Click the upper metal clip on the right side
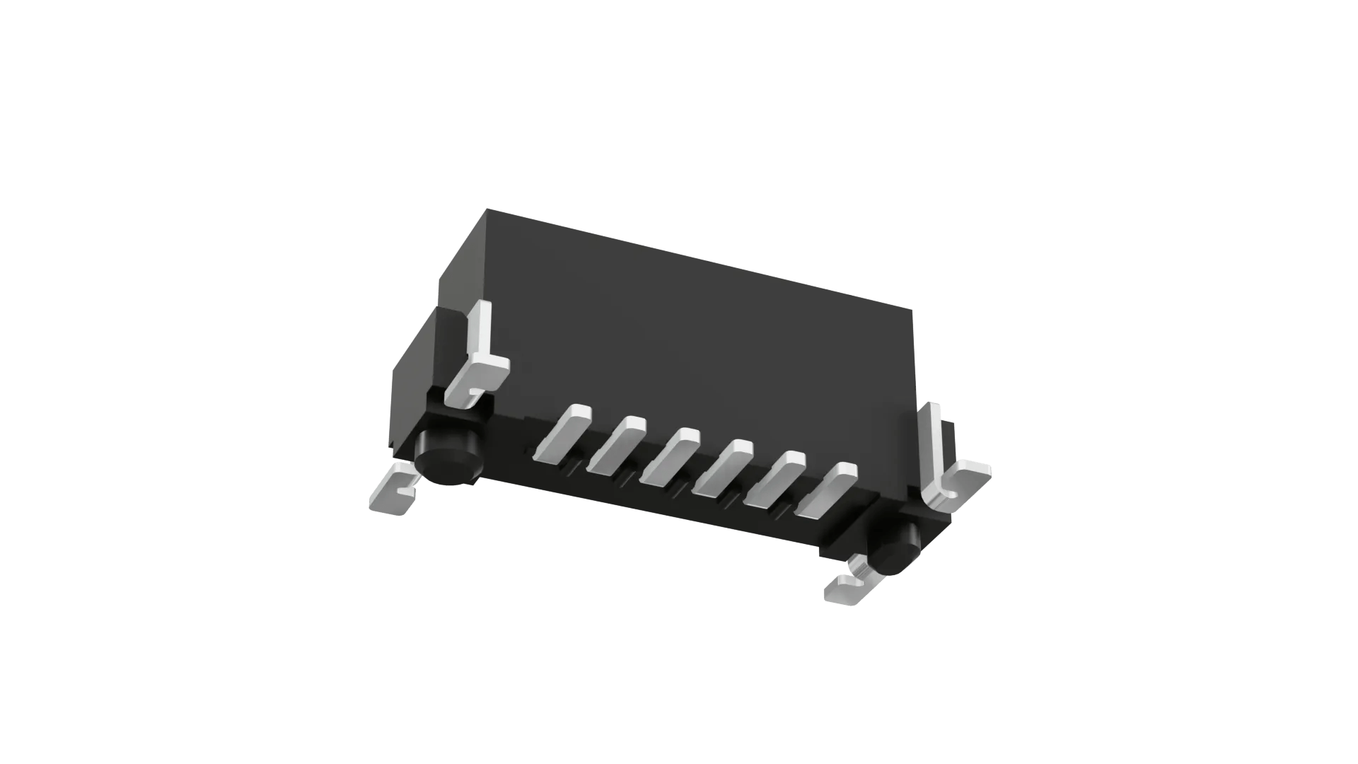pyautogui.click(x=951, y=467)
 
